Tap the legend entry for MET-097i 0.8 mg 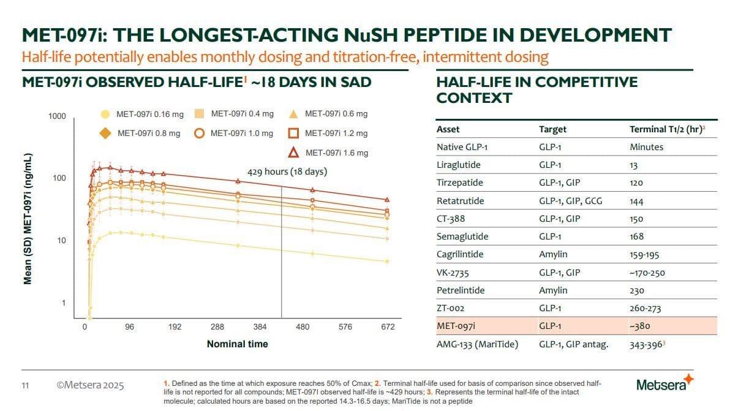(141, 133)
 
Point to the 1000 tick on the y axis (58, 116)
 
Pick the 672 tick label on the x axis (388, 327)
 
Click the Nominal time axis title (237, 344)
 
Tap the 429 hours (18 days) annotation (287, 172)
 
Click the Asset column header (448, 129)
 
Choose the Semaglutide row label (459, 236)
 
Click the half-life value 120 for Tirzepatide (636, 183)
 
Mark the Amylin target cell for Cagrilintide (553, 254)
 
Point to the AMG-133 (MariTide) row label (477, 344)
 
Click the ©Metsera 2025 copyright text (90, 385)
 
